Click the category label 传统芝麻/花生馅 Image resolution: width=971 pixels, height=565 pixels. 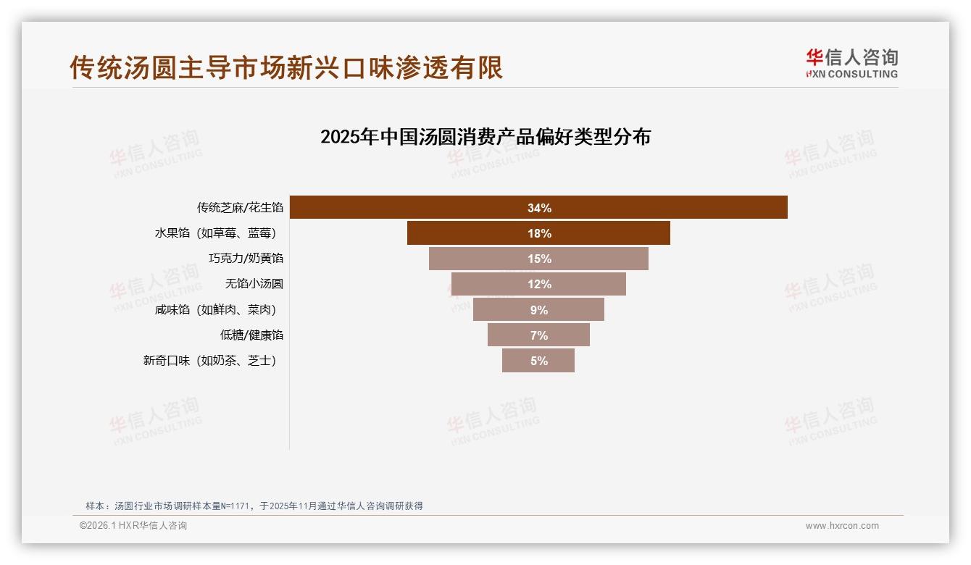coord(240,208)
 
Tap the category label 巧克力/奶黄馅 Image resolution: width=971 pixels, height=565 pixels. coord(246,259)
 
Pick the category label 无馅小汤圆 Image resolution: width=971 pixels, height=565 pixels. coord(254,284)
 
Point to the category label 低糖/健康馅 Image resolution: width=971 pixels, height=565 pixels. coord(251,335)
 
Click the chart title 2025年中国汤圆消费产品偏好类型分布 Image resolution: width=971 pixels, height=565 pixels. coord(485,137)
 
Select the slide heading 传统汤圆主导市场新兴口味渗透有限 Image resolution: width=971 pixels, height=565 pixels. coord(286,67)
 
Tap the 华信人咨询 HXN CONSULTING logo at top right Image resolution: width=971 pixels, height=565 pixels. coord(851,64)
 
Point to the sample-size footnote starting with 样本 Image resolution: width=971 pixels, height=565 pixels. coord(254,506)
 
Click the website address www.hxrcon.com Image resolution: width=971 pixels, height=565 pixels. coord(842,526)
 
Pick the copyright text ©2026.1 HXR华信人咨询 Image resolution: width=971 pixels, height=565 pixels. coord(133,526)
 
